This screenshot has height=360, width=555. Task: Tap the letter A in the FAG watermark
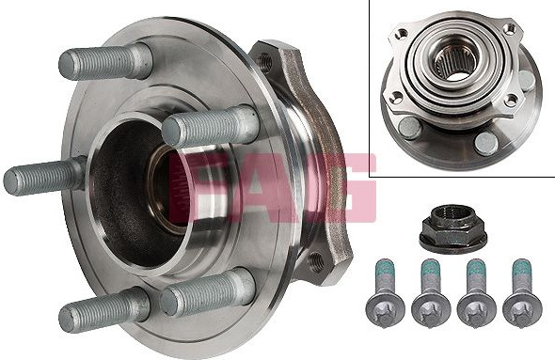[265, 187]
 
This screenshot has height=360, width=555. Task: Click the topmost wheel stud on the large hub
[105, 62]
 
